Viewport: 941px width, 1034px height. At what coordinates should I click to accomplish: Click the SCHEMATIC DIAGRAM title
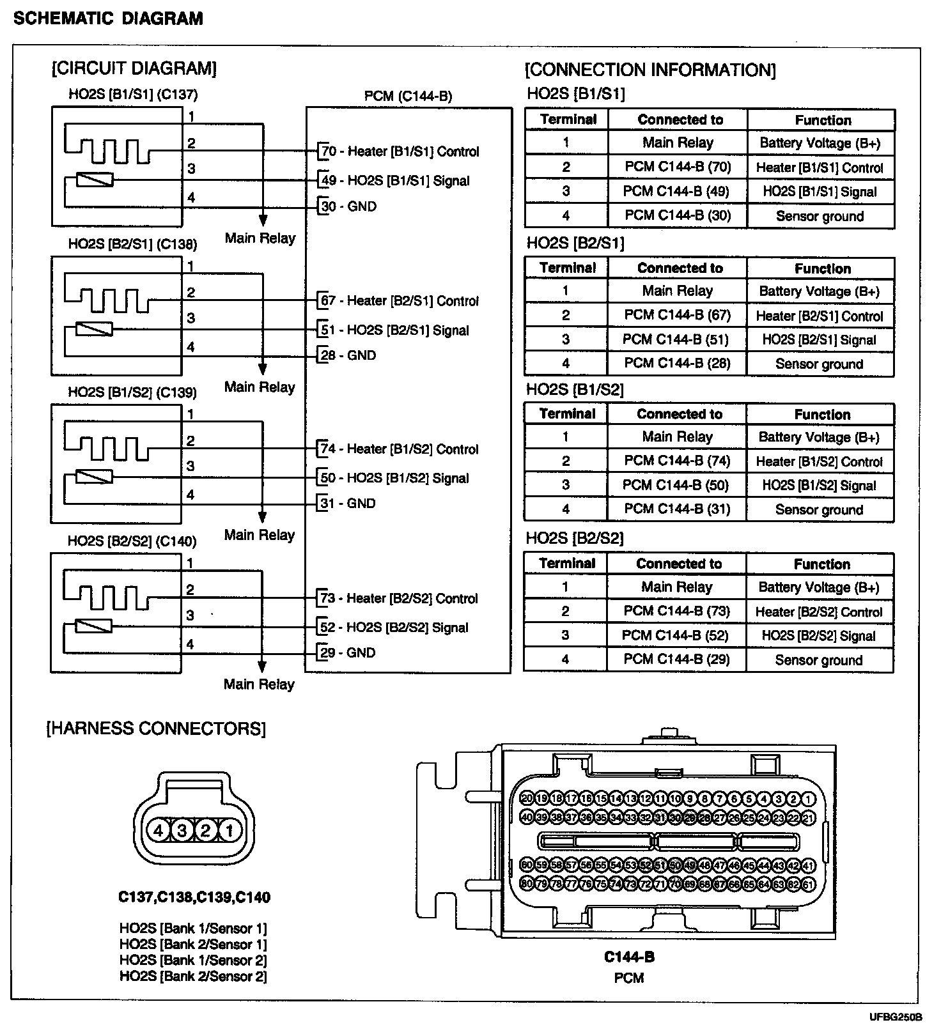(108, 18)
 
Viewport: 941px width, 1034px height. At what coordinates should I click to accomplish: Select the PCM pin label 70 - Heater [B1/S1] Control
(400, 151)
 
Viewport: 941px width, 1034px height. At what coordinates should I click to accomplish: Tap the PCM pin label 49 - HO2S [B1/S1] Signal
(395, 180)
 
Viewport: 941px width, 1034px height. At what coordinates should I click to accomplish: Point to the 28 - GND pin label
(348, 355)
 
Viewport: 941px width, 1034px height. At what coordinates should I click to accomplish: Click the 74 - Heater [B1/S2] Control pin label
(400, 449)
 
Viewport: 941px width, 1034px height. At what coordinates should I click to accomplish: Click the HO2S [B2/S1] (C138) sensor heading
(132, 244)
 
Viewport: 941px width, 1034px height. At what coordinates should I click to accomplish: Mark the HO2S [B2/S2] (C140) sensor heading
(132, 541)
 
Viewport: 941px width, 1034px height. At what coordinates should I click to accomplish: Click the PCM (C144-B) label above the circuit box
(408, 96)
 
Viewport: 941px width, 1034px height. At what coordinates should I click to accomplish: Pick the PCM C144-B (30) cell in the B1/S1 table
(678, 215)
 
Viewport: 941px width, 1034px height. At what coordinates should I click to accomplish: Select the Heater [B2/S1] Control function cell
(820, 316)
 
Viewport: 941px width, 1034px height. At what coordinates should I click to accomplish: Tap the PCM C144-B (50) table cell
(676, 485)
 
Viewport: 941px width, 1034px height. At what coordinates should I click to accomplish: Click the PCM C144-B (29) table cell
(676, 659)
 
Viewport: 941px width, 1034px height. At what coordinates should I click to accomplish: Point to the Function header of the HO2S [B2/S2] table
(822, 564)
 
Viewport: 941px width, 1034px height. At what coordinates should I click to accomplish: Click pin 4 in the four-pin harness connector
(158, 830)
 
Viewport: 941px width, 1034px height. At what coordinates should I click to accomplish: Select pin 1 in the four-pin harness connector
(229, 830)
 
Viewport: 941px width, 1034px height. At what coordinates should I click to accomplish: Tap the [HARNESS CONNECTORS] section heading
(156, 728)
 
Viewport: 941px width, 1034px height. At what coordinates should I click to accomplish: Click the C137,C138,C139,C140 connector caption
(194, 897)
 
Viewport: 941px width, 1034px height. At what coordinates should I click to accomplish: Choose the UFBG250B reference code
(895, 1017)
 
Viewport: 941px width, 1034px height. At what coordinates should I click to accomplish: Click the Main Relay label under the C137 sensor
(260, 238)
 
